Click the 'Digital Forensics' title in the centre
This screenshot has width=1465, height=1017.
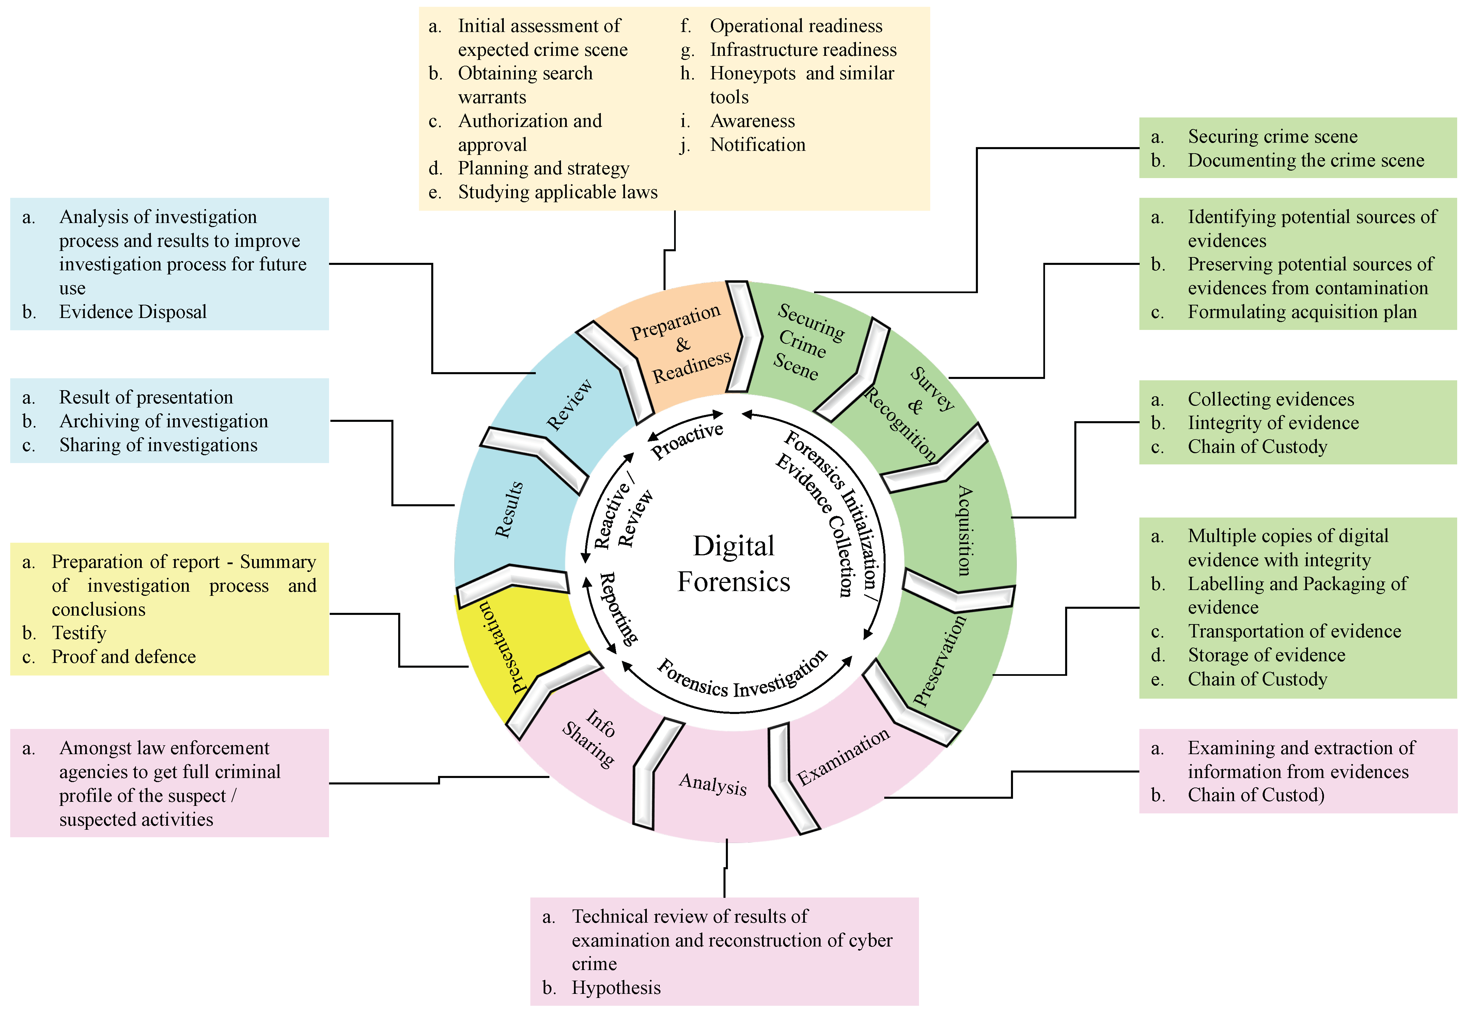point(733,563)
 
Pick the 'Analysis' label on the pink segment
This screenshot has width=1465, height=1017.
point(713,784)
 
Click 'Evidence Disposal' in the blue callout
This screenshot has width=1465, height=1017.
point(133,312)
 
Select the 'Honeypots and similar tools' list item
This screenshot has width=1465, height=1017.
point(802,85)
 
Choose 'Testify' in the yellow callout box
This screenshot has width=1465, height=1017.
point(79,633)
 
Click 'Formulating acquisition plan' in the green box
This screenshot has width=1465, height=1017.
point(1302,312)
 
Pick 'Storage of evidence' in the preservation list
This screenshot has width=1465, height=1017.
point(1266,655)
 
